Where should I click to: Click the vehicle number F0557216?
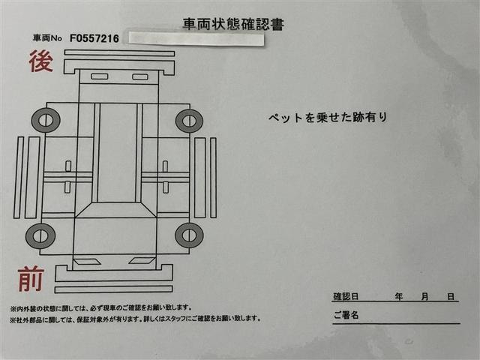point(94,37)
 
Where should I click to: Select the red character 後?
point(40,61)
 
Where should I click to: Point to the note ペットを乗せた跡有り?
point(327,118)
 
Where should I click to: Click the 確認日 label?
point(346,297)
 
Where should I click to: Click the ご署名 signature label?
point(346,315)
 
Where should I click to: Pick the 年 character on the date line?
point(399,297)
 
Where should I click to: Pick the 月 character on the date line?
point(424,297)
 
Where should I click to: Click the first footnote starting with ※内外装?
point(101,307)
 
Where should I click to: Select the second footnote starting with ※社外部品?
point(135,318)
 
